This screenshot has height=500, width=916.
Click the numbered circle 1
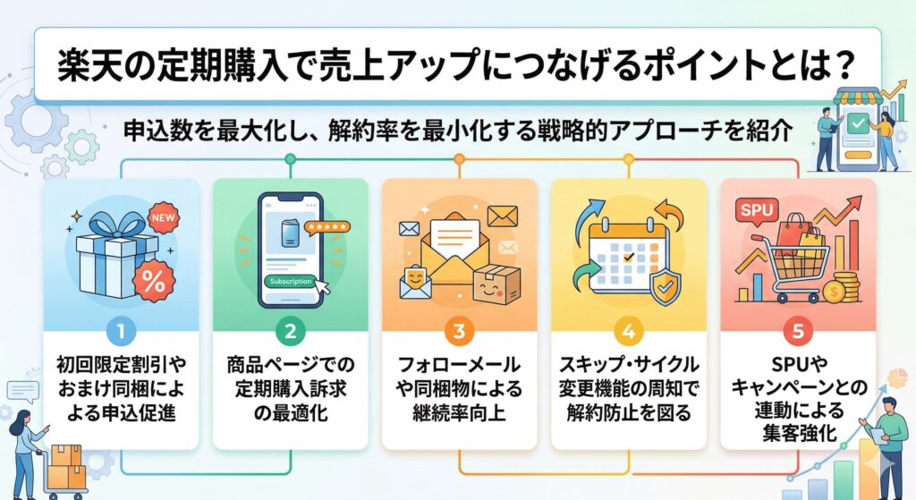[x=121, y=331]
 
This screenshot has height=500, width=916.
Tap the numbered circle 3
[x=459, y=331]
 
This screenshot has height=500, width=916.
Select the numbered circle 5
[x=797, y=331]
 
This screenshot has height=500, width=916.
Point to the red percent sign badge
[x=154, y=282]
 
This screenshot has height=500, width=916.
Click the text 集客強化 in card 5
[x=797, y=431]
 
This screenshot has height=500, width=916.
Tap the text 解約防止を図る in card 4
[x=628, y=414]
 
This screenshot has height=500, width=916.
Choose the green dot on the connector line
[x=290, y=159]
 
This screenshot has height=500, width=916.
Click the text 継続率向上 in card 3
[x=459, y=414]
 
